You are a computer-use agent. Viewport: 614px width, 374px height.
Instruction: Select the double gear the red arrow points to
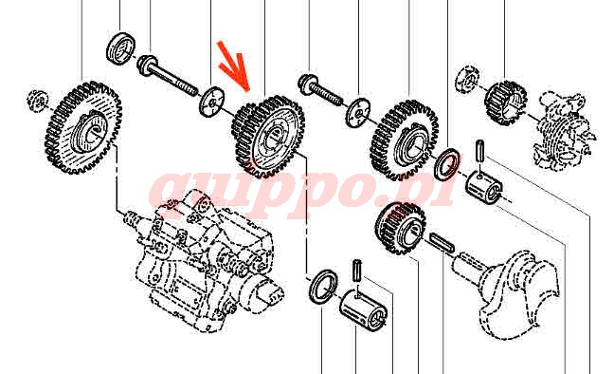coord(268,136)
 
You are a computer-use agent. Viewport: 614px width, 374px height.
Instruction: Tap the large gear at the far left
coord(83,127)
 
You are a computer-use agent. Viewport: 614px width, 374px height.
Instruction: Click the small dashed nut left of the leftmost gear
coord(38,100)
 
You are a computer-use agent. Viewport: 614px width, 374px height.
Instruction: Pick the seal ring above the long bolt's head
coord(121,47)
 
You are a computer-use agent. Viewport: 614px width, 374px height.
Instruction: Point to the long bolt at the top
coord(167,77)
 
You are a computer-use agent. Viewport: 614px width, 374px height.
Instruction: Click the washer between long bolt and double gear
coord(212,102)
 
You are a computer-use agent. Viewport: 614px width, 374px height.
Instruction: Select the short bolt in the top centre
coord(320,91)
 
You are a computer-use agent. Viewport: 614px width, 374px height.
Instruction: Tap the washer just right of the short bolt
coord(358,112)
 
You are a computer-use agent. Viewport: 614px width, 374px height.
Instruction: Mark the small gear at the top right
coord(506,103)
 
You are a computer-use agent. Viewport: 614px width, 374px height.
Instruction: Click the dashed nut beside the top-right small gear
coord(467,80)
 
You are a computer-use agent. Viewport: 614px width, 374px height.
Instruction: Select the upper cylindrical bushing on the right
coord(484,186)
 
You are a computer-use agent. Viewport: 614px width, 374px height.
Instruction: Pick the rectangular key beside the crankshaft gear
coord(442,242)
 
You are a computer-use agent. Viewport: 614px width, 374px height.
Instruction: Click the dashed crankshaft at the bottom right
coord(508,290)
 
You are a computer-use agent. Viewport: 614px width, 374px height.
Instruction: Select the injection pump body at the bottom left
coord(204,260)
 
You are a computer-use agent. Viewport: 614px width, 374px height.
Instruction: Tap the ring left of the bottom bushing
coord(323,286)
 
